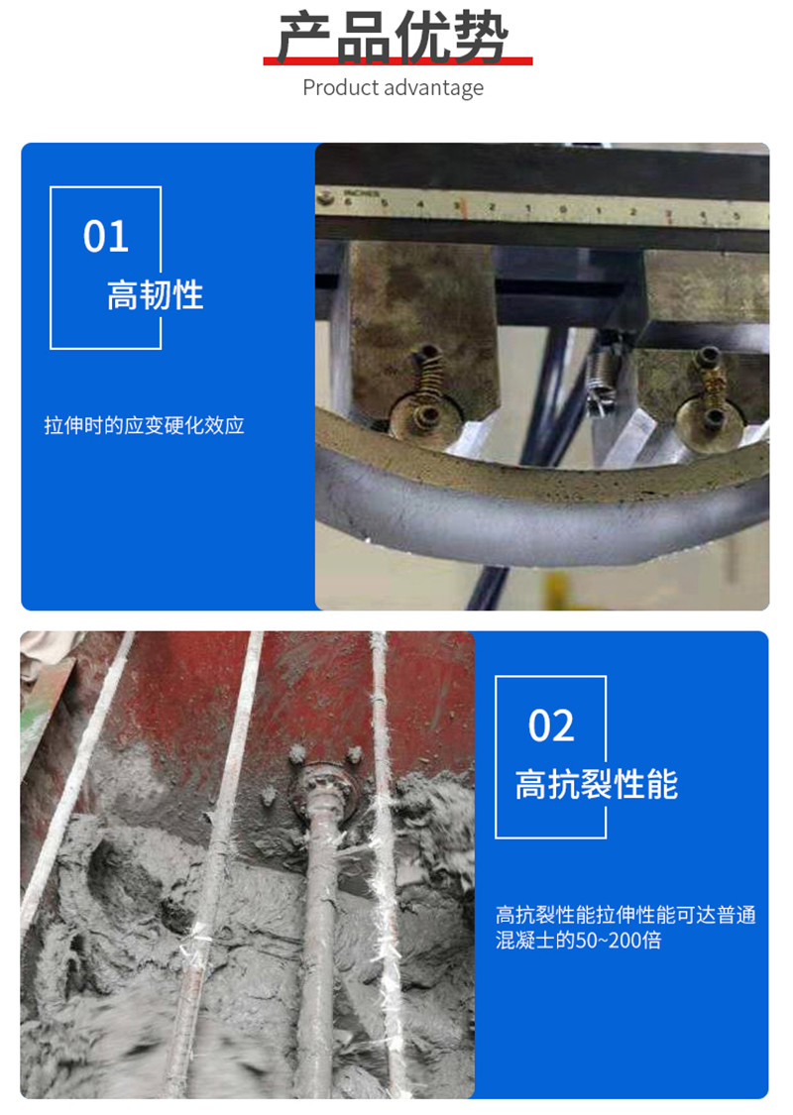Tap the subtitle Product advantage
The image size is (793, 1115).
tap(393, 87)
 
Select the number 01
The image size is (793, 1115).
tap(106, 238)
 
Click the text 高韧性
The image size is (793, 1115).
tap(155, 295)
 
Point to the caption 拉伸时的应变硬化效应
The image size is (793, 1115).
tap(144, 426)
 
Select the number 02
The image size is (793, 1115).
tap(551, 726)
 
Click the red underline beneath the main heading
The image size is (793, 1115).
tap(396, 62)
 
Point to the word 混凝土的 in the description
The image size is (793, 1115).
tap(535, 940)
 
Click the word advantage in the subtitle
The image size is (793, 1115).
tap(436, 87)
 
